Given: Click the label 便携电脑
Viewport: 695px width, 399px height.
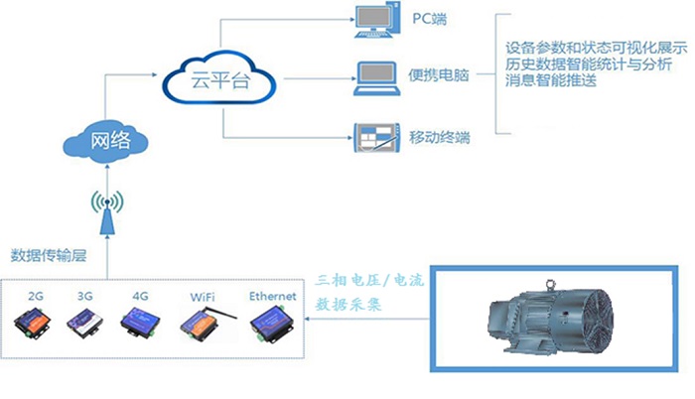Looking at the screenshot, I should [x=439, y=75].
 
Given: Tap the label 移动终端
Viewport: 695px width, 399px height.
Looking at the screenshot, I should [x=439, y=133].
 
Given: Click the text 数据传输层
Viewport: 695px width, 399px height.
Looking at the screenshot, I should [x=50, y=255].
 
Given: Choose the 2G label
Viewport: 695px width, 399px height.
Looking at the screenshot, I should [x=36, y=296].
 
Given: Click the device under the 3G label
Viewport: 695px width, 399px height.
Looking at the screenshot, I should [x=84, y=323].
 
